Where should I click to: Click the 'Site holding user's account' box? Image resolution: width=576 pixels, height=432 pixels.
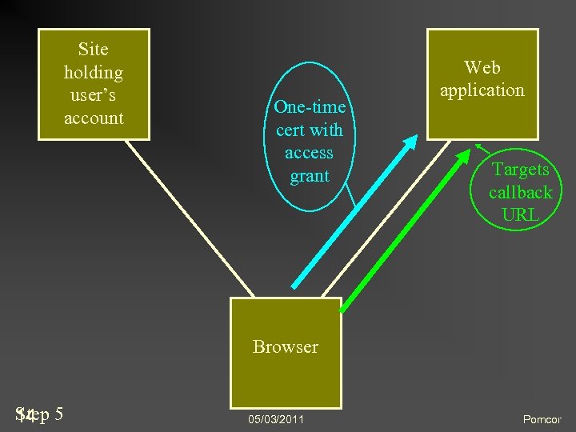(x=94, y=84)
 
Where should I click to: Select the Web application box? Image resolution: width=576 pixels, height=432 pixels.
(x=482, y=82)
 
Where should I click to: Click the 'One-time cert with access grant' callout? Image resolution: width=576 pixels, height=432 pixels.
(x=309, y=141)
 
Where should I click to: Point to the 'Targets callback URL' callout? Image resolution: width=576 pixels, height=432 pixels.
(x=521, y=192)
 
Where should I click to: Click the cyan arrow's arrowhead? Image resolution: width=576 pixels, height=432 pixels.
(x=410, y=141)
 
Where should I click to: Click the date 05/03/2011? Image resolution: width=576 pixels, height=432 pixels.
(x=276, y=419)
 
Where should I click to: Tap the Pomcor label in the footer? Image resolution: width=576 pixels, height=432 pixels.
(x=542, y=419)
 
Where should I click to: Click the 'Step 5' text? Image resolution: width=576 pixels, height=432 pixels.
(x=40, y=414)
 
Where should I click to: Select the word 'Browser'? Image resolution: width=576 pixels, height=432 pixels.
(x=285, y=346)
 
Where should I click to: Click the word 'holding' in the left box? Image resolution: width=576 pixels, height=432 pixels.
(x=94, y=73)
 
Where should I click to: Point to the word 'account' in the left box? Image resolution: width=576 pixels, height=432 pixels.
(x=94, y=118)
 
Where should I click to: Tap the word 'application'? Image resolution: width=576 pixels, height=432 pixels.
(x=482, y=90)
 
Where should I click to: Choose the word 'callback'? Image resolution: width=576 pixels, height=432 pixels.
(x=521, y=192)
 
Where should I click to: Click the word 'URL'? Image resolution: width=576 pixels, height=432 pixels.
(x=521, y=214)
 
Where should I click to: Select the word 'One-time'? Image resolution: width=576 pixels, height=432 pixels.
(x=309, y=107)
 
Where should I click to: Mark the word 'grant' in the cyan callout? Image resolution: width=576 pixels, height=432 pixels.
(x=309, y=175)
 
